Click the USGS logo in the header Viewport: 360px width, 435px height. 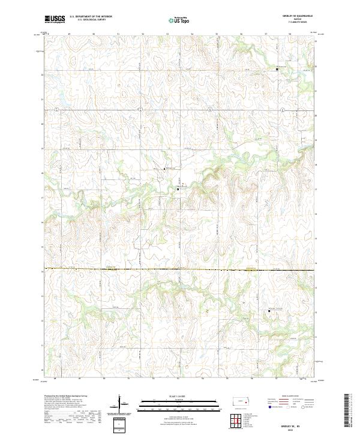54,19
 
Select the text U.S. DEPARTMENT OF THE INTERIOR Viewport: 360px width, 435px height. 91,17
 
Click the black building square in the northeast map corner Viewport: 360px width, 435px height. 277,70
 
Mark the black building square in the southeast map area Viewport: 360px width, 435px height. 269,310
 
